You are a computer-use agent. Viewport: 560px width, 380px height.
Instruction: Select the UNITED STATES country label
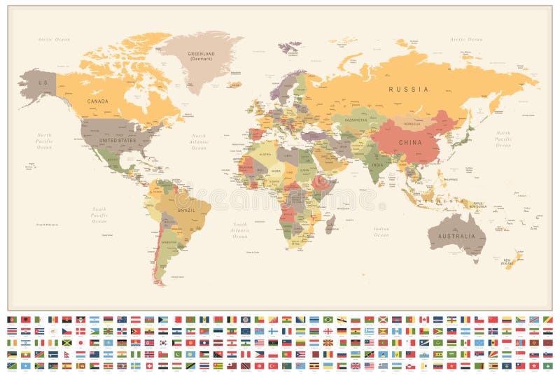pyautogui.click(x=117, y=140)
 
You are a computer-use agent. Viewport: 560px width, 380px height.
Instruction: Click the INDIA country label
pyautogui.click(x=377, y=165)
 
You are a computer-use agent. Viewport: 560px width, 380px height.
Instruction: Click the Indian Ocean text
pyautogui.click(x=381, y=232)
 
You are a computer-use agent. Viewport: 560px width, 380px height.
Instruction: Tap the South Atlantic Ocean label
pyautogui.click(x=239, y=230)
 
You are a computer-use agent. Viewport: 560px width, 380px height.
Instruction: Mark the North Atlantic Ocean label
pyautogui.click(x=199, y=142)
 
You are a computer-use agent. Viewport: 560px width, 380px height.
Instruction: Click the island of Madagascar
pyautogui.click(x=330, y=224)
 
